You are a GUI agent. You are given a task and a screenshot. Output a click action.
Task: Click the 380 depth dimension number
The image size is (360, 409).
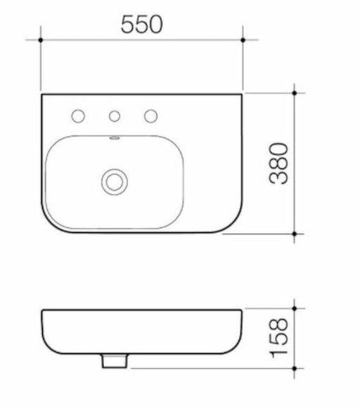279,163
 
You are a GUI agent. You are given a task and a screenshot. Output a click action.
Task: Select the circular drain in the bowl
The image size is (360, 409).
112,180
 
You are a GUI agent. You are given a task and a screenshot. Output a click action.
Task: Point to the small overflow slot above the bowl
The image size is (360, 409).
112,139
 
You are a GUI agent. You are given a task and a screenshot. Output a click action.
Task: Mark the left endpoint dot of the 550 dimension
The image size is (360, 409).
41,40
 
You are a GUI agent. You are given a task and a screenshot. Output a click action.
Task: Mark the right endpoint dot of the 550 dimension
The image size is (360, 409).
243,40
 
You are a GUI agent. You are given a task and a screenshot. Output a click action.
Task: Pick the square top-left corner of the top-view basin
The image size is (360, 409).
42,94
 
